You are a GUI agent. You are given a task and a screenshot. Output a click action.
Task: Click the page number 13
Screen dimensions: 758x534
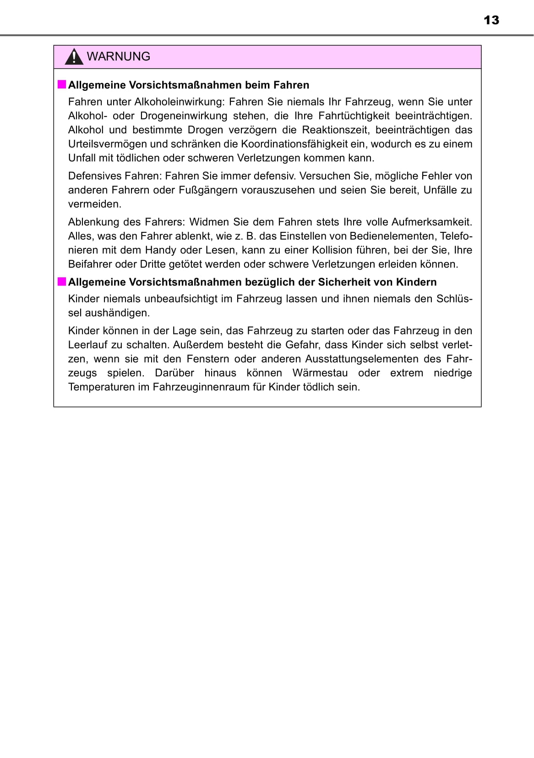(491, 20)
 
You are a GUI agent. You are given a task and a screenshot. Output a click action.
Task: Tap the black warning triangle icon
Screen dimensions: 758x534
(73, 57)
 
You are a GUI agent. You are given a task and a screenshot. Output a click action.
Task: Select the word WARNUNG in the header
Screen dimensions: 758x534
(119, 56)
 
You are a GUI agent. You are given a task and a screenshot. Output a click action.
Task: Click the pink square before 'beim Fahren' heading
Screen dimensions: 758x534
(61, 84)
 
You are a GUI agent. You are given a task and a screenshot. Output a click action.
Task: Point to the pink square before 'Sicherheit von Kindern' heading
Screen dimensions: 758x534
(61, 281)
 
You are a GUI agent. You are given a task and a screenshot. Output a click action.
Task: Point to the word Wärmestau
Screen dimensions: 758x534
(320, 373)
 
